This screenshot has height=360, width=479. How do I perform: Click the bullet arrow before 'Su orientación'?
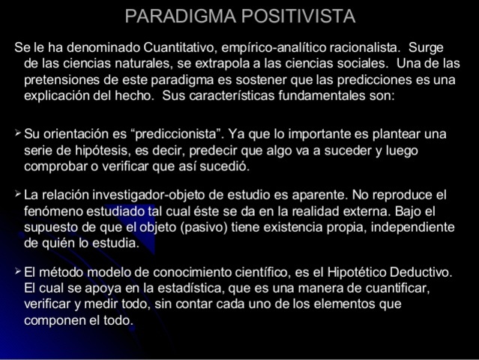point(18,133)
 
